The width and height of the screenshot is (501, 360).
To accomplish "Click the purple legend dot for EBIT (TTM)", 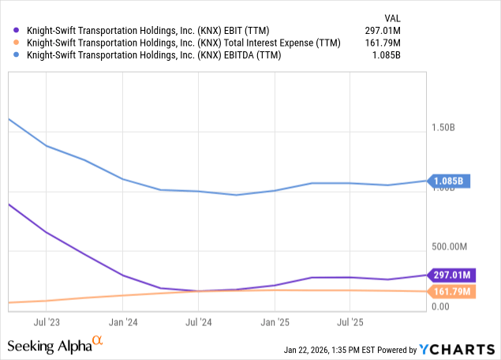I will point(13,31).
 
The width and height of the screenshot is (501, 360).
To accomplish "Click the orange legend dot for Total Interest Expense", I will point(13,43).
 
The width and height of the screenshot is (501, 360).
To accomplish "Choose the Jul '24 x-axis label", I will point(199,322).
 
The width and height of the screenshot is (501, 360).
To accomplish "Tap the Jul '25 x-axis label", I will point(350,322).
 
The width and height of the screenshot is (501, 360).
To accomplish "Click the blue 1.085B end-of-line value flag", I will point(450,181).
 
